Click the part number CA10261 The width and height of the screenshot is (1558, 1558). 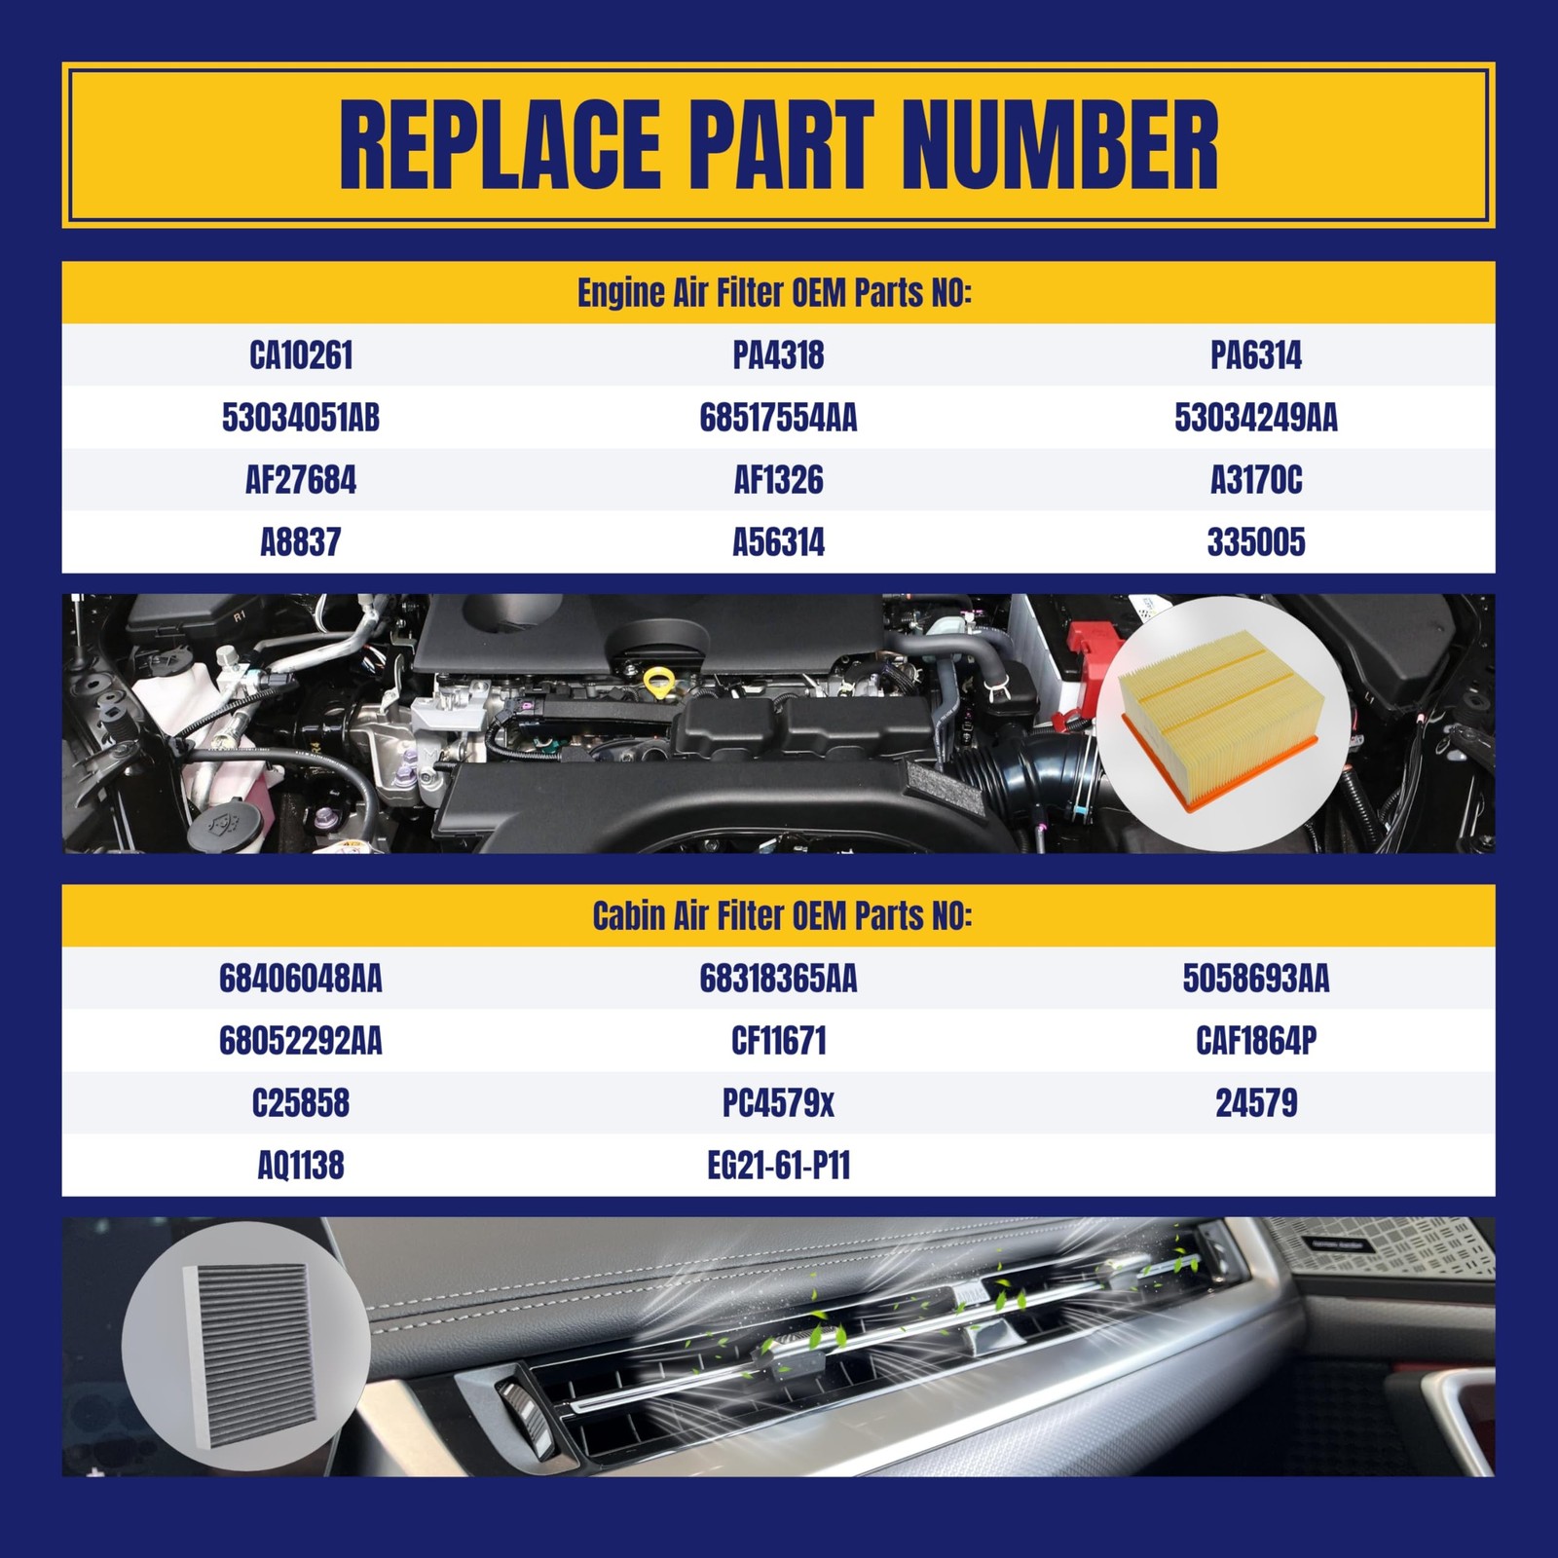click(301, 355)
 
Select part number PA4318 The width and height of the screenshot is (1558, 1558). click(778, 355)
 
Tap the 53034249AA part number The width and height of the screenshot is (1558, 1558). click(1255, 418)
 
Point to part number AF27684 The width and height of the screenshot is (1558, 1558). click(301, 480)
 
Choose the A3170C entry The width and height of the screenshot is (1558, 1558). click(1255, 480)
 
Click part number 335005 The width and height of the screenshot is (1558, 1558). click(1255, 542)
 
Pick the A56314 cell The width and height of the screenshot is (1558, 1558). click(778, 542)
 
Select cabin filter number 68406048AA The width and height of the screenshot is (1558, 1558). click(301, 979)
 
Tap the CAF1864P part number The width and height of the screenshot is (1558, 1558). click(1255, 1041)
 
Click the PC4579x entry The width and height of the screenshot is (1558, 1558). click(778, 1103)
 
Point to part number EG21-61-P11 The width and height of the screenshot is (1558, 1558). click(778, 1166)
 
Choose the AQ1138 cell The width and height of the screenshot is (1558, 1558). click(301, 1166)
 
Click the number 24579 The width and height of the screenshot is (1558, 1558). click(1255, 1103)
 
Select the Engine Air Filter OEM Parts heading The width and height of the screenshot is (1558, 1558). click(774, 293)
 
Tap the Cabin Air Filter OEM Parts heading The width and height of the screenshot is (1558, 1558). click(782, 916)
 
